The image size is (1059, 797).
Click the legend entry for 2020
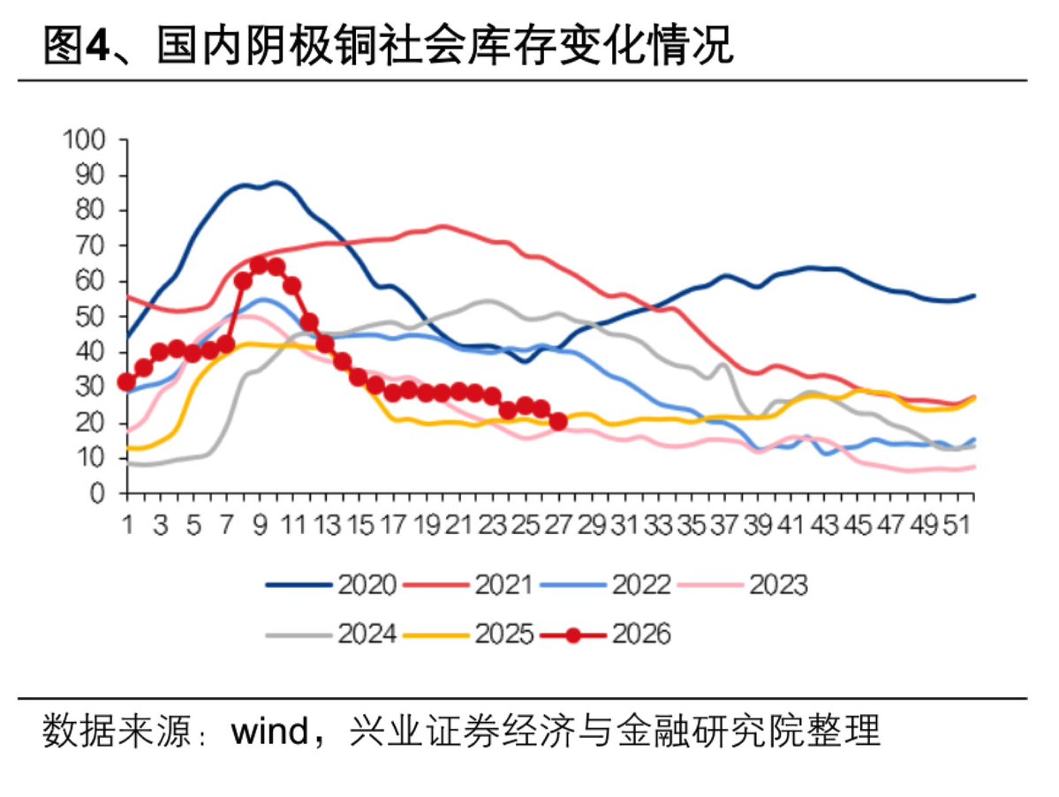[x=331, y=584]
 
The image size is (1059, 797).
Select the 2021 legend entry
[x=468, y=584]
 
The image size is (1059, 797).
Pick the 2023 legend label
[x=743, y=584]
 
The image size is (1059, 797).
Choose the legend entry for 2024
[x=331, y=634]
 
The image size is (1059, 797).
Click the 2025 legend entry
[x=468, y=634]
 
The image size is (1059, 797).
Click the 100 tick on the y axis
[x=85, y=139]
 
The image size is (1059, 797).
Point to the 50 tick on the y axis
[x=90, y=317]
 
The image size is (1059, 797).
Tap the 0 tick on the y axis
[x=98, y=493]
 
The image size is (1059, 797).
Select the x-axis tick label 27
[x=558, y=524]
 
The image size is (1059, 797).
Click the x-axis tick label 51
[x=957, y=524]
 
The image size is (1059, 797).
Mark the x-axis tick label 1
[x=127, y=524]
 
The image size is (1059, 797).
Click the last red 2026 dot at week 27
[x=558, y=422]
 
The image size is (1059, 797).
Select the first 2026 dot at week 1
[x=126, y=382]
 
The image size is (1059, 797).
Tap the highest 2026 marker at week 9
[x=260, y=265]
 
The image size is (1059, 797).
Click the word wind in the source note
[x=269, y=731]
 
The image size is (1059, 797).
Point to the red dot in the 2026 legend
[x=573, y=635]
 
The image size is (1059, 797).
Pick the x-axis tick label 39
[x=757, y=524]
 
